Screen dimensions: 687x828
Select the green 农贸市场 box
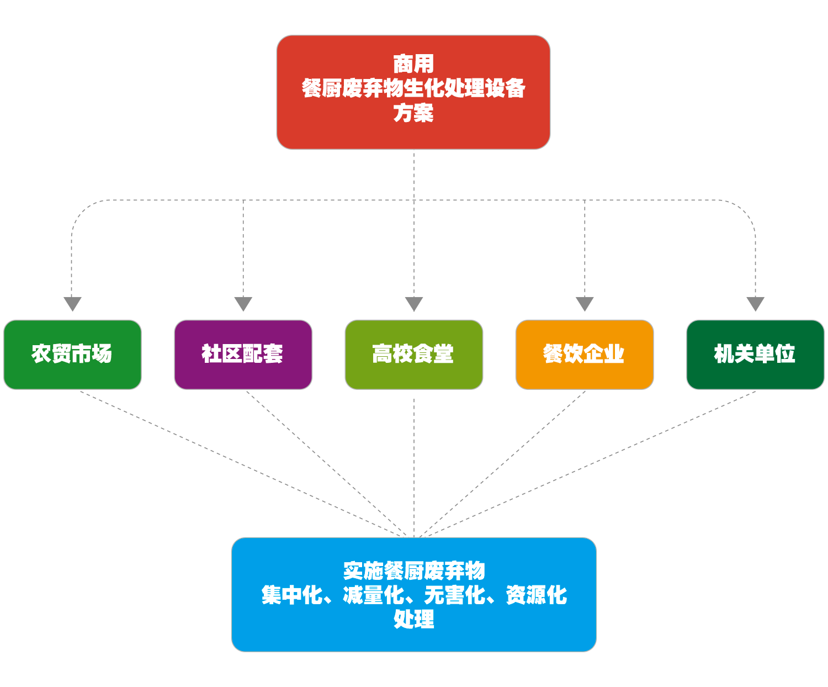tap(72, 354)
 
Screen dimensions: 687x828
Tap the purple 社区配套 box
tap(243, 354)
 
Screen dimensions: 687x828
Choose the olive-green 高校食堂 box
tap(413, 354)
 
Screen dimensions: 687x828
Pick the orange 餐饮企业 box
tap(584, 354)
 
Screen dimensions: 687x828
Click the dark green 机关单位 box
tap(755, 354)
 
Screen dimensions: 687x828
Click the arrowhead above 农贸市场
tap(72, 304)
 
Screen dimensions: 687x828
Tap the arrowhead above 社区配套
tap(243, 304)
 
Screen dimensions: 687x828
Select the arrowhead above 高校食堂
tap(413, 304)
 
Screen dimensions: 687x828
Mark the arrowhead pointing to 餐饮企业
tap(584, 304)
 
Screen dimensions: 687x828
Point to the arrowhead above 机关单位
tap(755, 304)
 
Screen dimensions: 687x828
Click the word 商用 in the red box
tap(413, 64)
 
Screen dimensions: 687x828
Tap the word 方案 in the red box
tap(413, 113)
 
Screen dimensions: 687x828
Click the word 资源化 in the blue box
tap(536, 595)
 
